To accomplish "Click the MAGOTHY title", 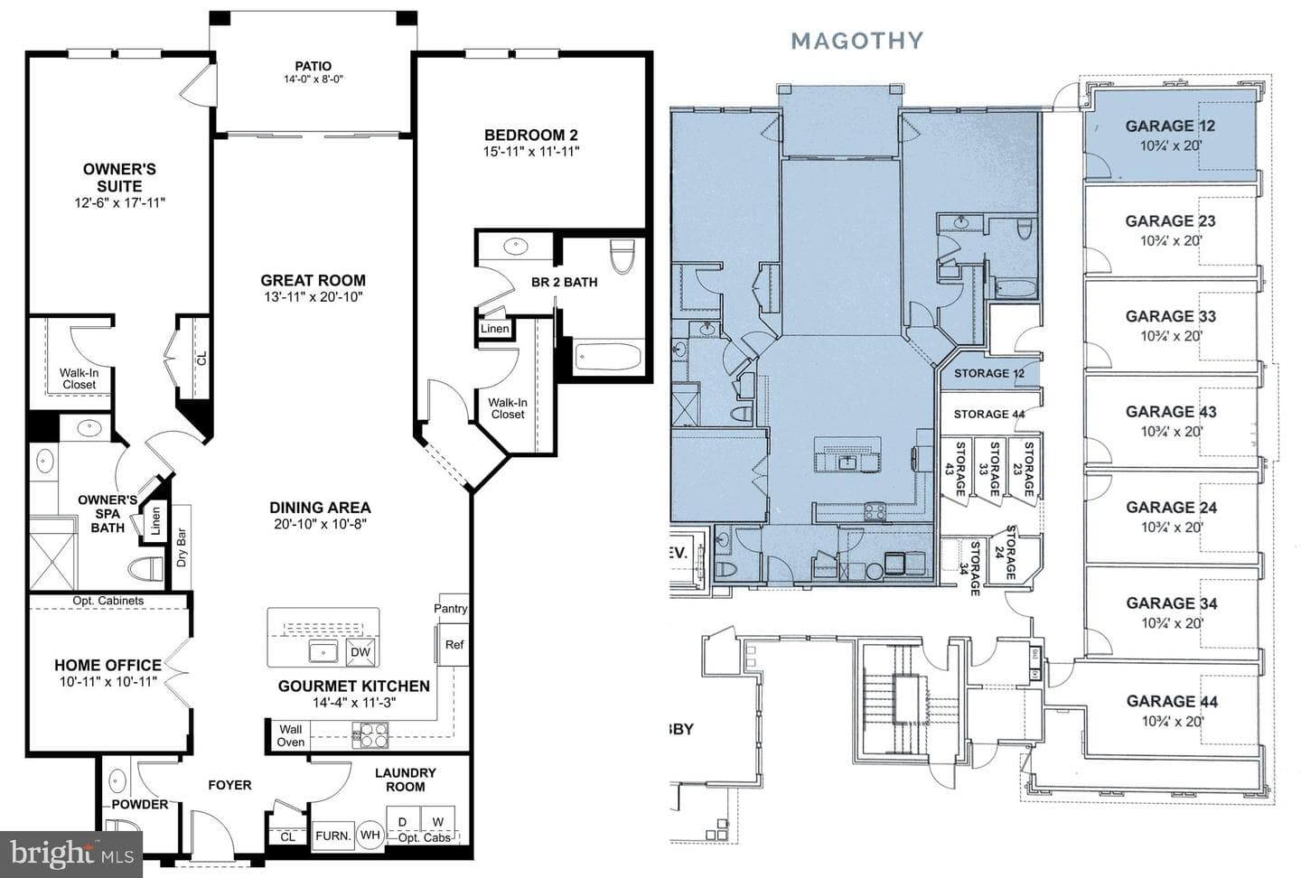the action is tap(857, 41).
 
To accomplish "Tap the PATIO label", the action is tap(313, 66).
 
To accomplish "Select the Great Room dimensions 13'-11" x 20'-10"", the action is tap(313, 297).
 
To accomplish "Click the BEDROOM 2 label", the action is tap(531, 135).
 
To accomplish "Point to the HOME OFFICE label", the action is tap(108, 665).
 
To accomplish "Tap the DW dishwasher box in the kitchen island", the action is tap(360, 651).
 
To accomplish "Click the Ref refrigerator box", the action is tap(454, 645).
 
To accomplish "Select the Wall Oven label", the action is tap(290, 735).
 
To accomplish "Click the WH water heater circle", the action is tap(370, 836).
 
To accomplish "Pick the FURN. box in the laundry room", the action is tap(332, 836).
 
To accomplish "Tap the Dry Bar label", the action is tap(182, 547).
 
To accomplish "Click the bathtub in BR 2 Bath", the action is tap(607, 357).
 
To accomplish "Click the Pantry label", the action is tap(450, 608).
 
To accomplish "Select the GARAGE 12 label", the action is tap(1170, 126).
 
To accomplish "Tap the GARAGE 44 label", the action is tap(1172, 702).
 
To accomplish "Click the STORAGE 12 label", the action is tap(989, 373).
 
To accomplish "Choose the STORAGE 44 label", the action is tap(989, 414).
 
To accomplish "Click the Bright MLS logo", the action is tap(71, 855).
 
